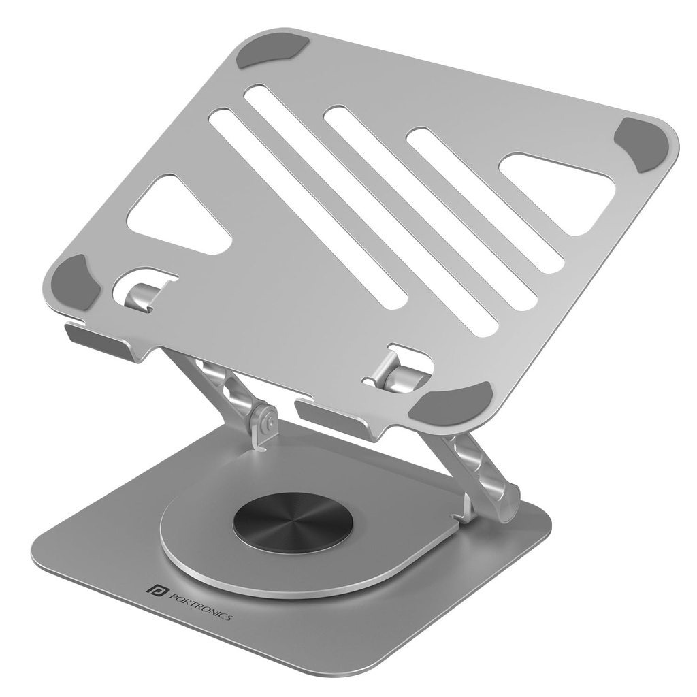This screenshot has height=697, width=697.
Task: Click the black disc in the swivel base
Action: tap(293, 522)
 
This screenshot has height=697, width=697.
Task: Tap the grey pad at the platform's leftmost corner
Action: tap(76, 282)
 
